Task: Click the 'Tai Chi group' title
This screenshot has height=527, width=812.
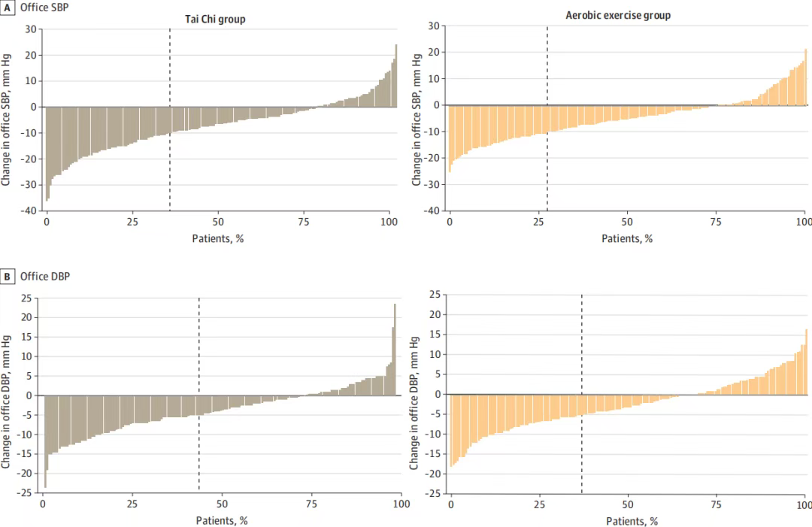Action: point(215,20)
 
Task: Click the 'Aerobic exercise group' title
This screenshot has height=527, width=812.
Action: point(619,15)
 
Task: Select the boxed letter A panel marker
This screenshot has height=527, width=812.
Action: point(8,7)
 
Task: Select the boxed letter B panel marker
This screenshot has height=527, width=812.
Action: point(8,277)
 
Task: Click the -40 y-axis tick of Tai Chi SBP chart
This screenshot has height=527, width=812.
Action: point(29,210)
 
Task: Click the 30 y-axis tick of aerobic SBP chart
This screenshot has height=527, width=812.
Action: point(434,26)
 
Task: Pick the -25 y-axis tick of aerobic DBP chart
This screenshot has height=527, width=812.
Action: point(432,493)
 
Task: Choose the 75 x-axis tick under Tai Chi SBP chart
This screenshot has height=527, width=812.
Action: point(304,223)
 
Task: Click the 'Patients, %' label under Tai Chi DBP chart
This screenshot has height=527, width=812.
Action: point(220,520)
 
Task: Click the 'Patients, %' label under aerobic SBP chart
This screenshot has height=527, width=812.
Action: point(626,238)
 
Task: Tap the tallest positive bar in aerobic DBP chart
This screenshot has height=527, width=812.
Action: point(805,362)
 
